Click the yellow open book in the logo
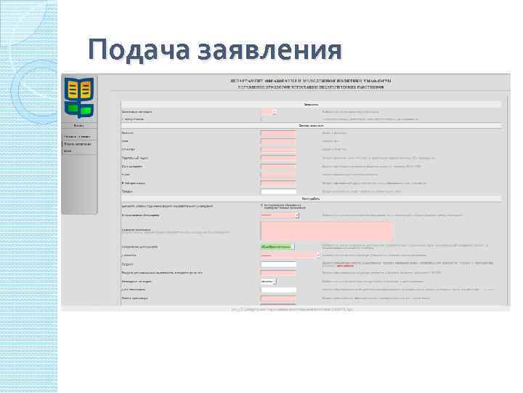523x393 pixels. coord(79,90)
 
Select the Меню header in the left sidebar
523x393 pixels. coord(79,124)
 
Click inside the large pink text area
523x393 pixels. coord(326,231)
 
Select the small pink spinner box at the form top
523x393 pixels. coord(268,111)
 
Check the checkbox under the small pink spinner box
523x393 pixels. coord(262,119)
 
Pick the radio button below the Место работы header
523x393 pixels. coord(262,205)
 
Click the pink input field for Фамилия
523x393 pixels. coord(278,133)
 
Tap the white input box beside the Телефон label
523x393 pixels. coord(278,191)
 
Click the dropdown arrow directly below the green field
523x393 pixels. coord(317,255)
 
